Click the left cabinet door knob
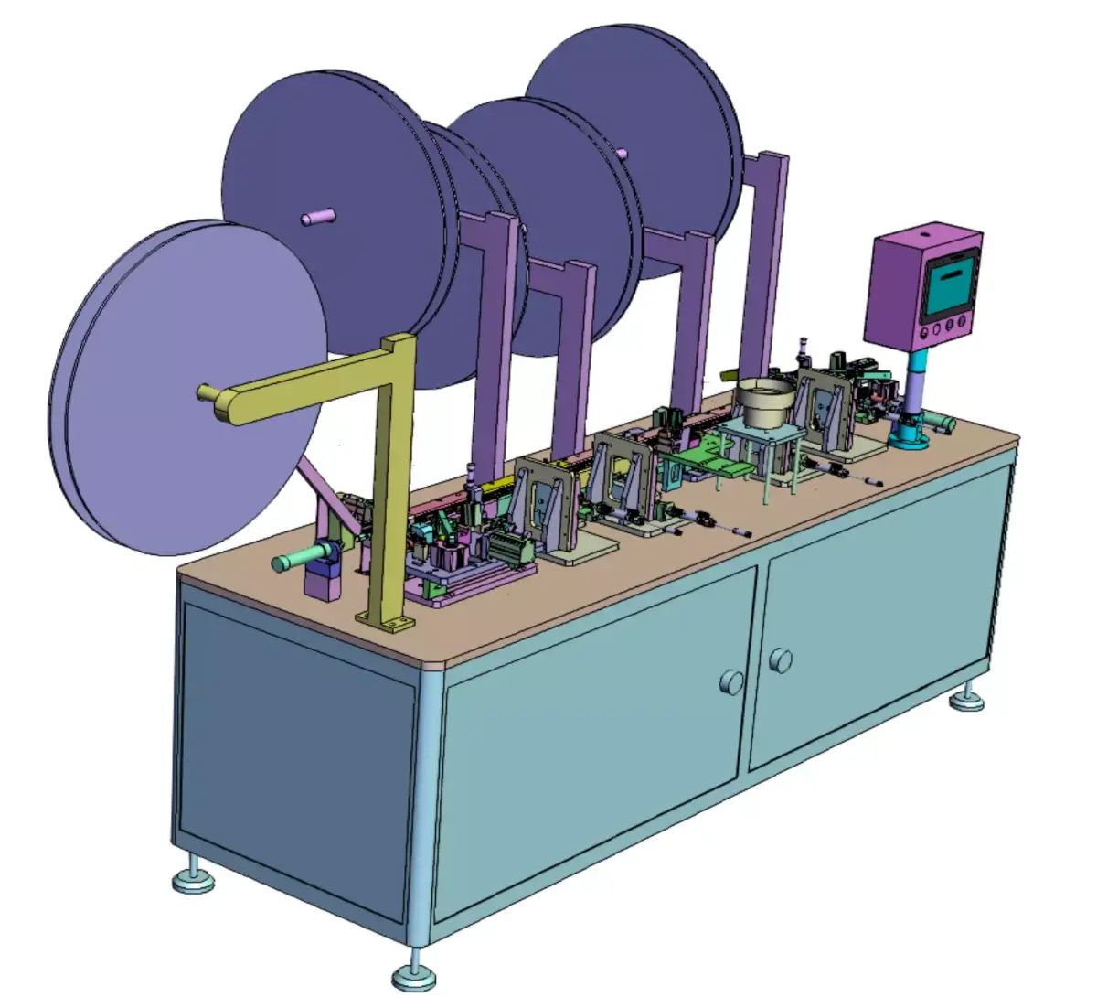(732, 681)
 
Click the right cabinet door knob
(780, 659)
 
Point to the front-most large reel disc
(183, 384)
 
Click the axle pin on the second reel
(318, 217)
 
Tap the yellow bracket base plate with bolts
(385, 624)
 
